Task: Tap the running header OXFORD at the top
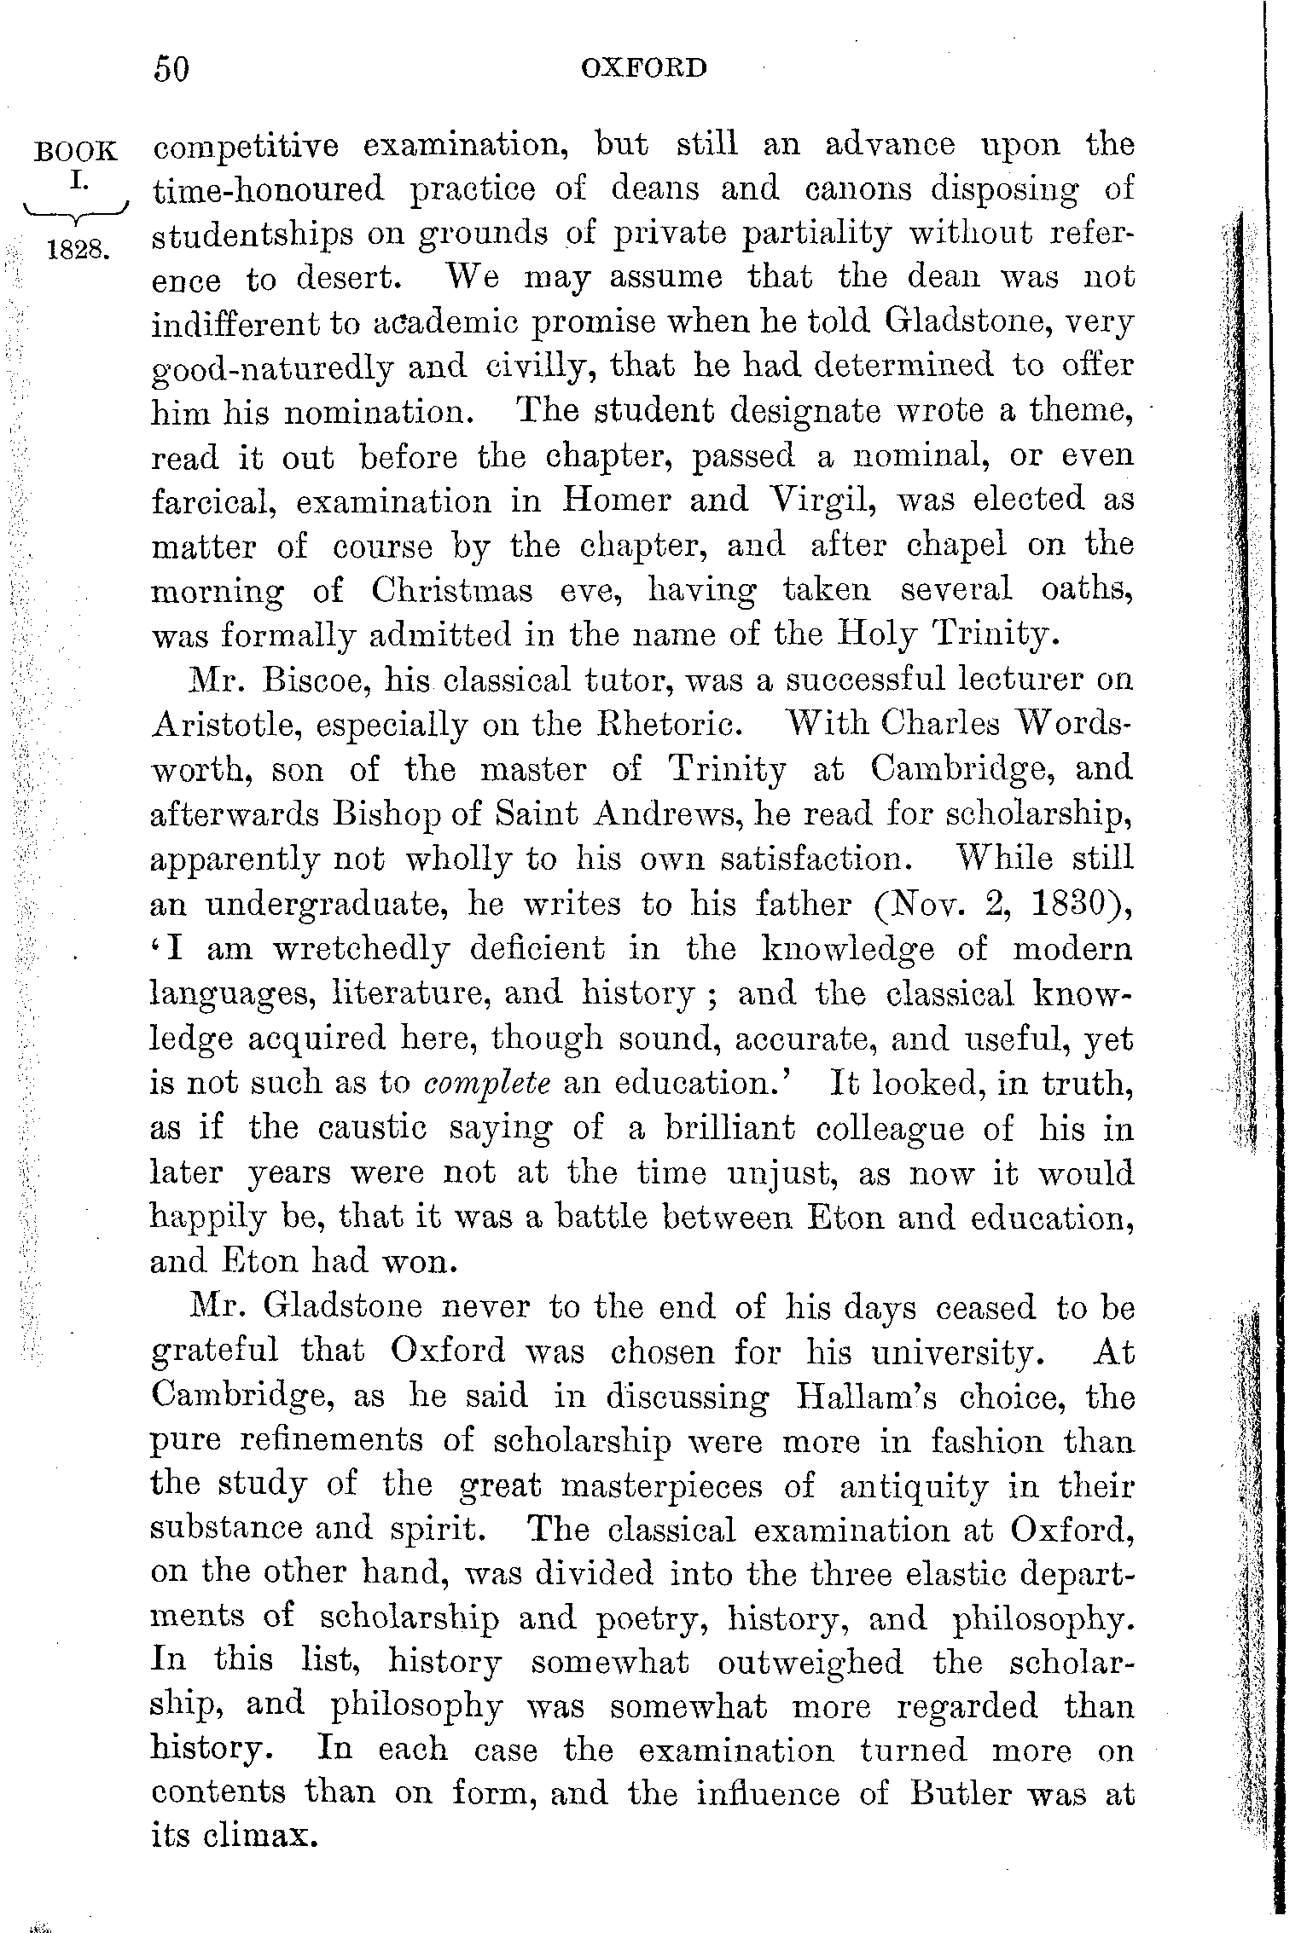[644, 67]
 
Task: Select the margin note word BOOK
[74, 152]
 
